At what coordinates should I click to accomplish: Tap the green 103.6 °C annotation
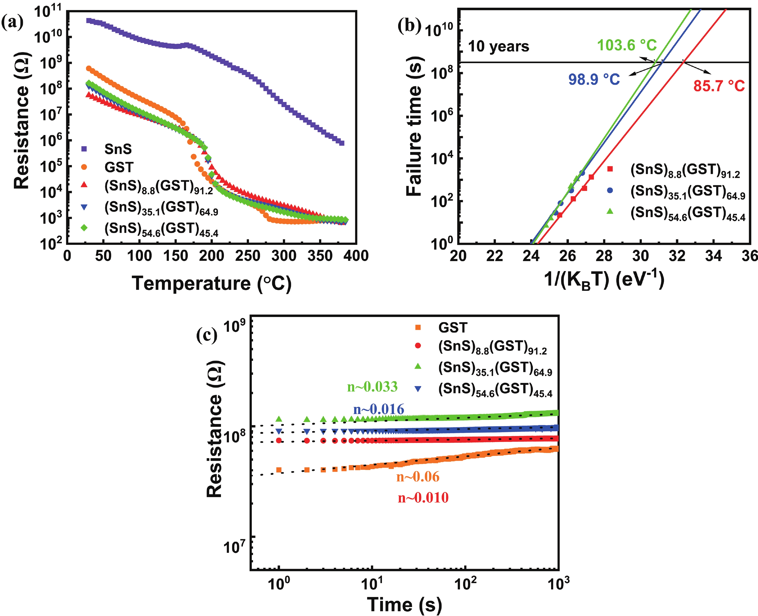(627, 45)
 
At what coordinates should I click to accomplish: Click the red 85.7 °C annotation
(719, 86)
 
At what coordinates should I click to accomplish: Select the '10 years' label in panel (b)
(498, 47)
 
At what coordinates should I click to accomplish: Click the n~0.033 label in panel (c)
(372, 387)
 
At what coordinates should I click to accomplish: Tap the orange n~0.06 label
(418, 477)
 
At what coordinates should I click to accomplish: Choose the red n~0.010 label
(423, 498)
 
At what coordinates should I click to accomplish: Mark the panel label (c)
(207, 335)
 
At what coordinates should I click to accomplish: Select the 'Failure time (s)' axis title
(414, 126)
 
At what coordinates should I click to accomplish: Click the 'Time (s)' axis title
(404, 604)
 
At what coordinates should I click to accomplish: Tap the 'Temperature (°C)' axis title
(212, 284)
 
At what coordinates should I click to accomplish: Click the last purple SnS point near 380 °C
(342, 143)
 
